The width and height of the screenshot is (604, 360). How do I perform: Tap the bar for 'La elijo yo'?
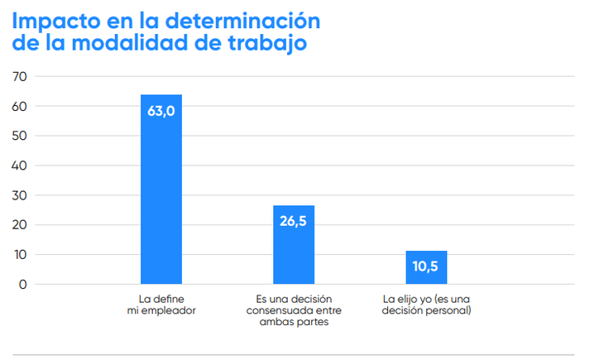pyautogui.click(x=426, y=273)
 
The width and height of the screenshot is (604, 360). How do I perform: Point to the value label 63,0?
pyautogui.click(x=161, y=111)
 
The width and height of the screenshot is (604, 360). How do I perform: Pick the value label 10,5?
pyautogui.click(x=426, y=266)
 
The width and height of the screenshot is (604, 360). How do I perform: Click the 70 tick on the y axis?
pyautogui.click(x=20, y=76)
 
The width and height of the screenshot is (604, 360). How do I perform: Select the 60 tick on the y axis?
pyautogui.click(x=20, y=106)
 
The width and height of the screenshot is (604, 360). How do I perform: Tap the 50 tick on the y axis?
pyautogui.click(x=20, y=136)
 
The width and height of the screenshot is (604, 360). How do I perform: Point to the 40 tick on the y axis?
pyautogui.click(x=20, y=166)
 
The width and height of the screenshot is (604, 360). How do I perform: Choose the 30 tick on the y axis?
pyautogui.click(x=20, y=195)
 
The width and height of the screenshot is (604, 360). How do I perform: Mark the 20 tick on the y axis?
pyautogui.click(x=20, y=225)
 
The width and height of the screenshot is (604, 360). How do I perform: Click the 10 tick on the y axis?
pyautogui.click(x=20, y=255)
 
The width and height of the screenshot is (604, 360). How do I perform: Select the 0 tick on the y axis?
pyautogui.click(x=23, y=285)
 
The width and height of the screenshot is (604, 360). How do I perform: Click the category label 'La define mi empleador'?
pyautogui.click(x=161, y=304)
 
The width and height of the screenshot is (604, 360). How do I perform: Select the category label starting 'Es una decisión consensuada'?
pyautogui.click(x=294, y=310)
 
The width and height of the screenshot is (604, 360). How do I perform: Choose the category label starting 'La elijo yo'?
pyautogui.click(x=426, y=304)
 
